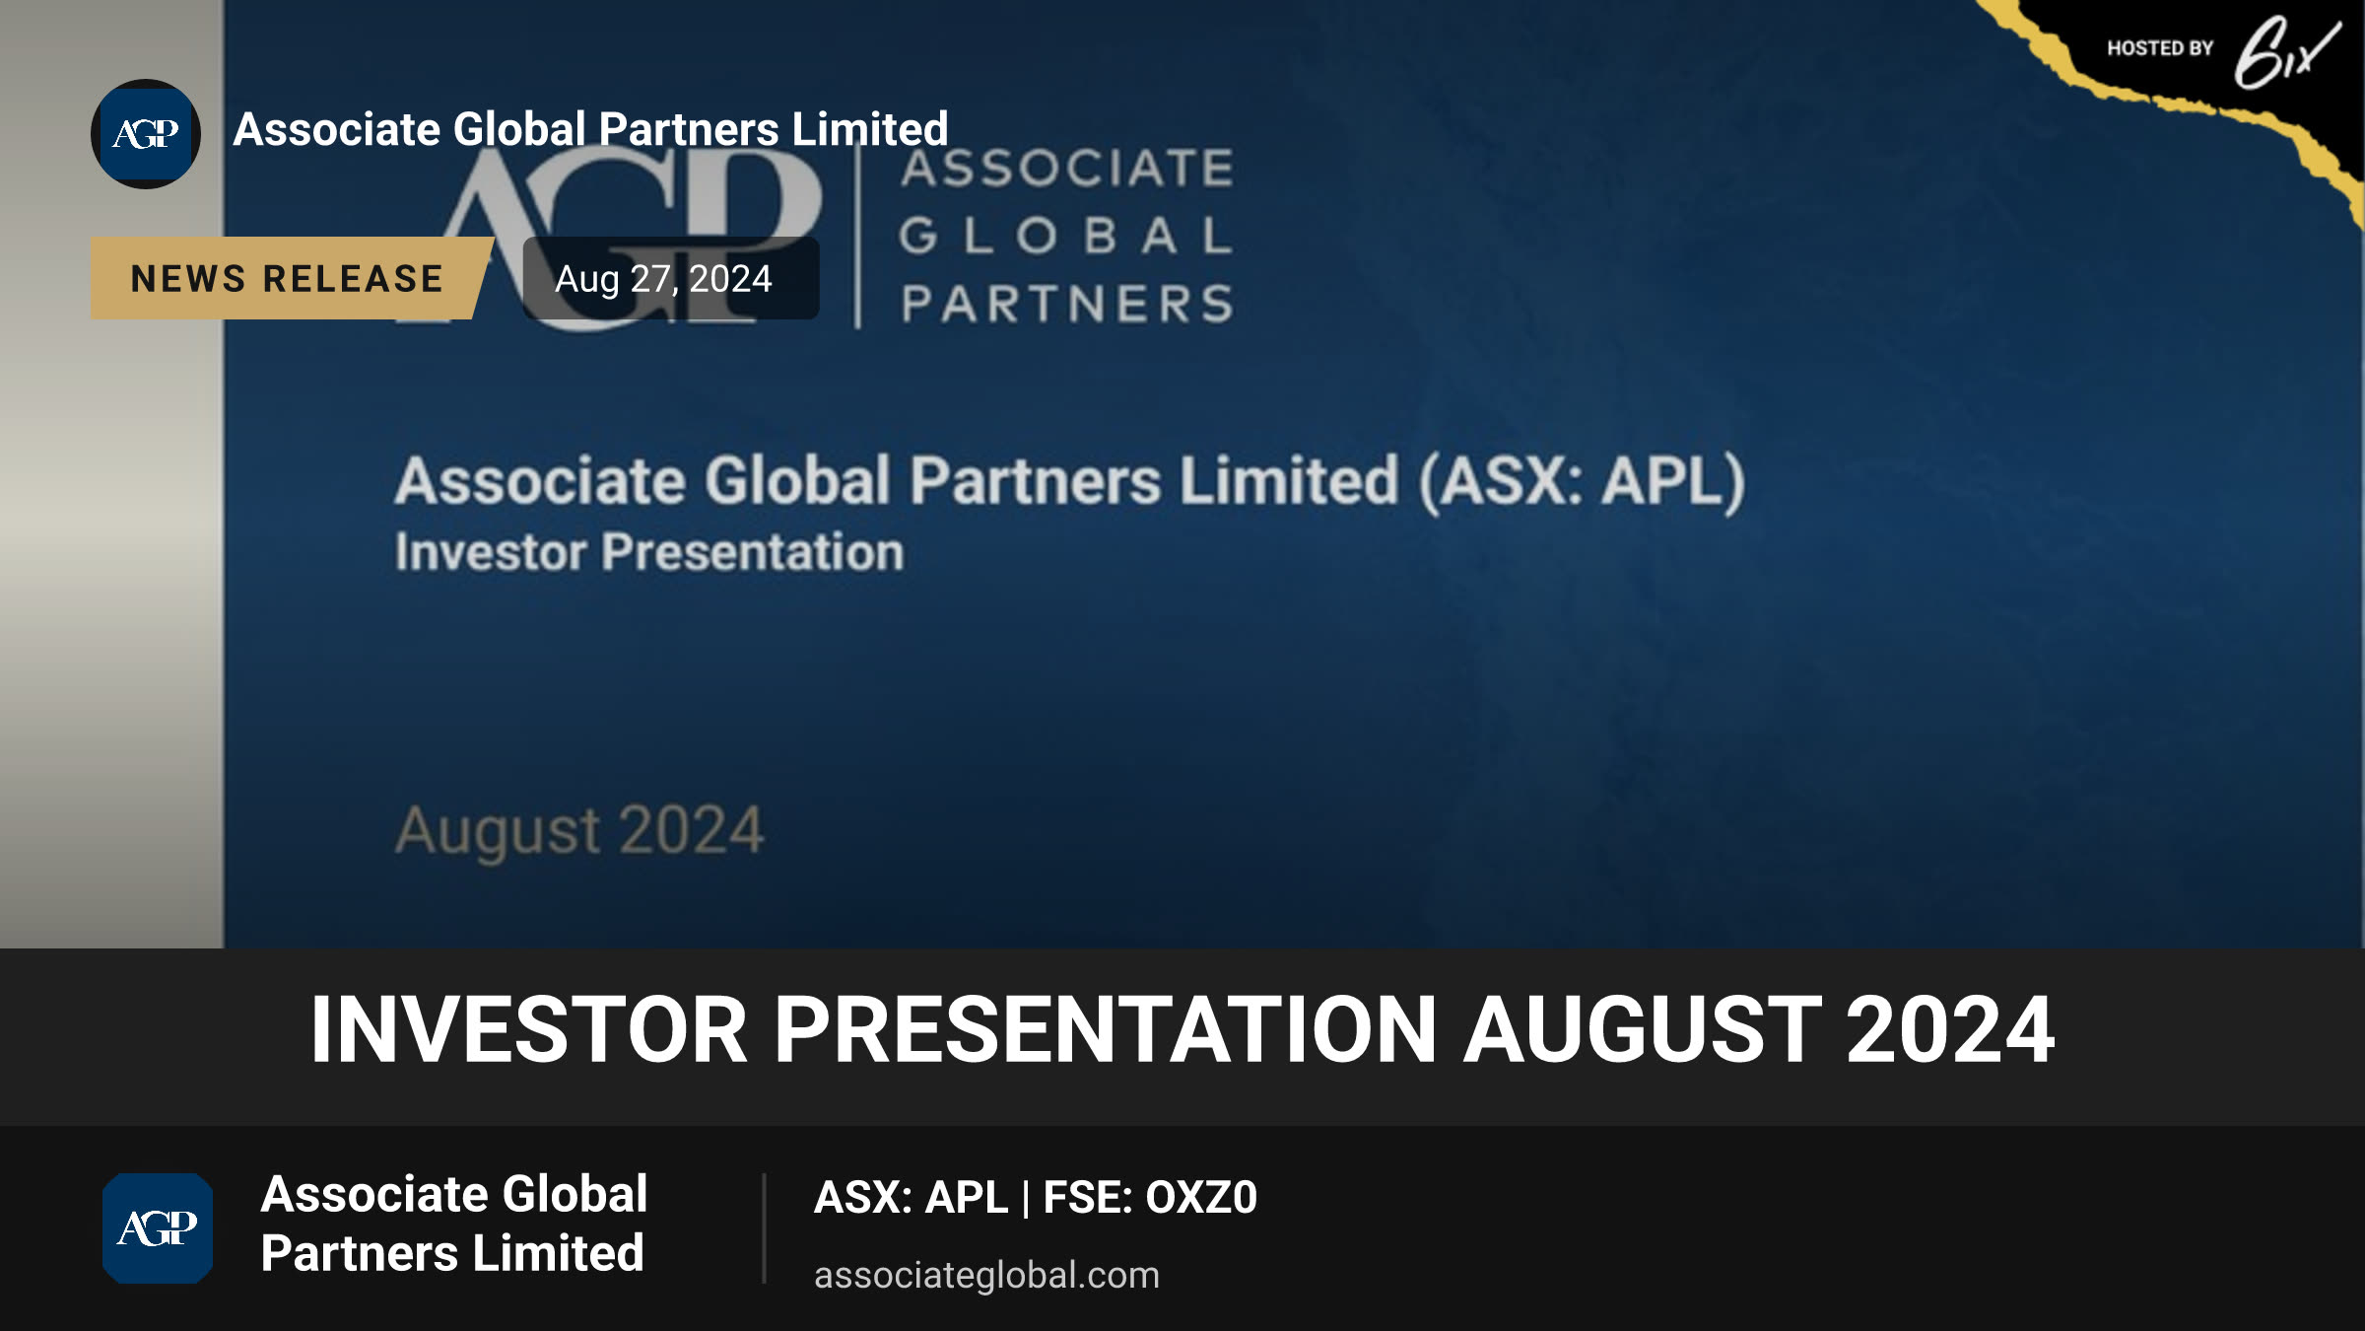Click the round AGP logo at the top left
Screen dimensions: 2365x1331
pos(146,134)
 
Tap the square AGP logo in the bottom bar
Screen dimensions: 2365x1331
pos(158,1228)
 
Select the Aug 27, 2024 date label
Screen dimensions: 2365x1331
pos(663,279)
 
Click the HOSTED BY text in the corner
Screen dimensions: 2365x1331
pos(2160,48)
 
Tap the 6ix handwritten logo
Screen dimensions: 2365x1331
pos(2286,53)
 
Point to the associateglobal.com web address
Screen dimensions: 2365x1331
pos(986,1275)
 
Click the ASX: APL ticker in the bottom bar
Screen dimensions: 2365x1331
pos(911,1197)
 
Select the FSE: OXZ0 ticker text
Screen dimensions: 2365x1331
pos(1150,1197)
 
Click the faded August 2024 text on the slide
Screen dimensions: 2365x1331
pos(579,830)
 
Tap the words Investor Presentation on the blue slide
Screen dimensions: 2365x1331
pos(649,551)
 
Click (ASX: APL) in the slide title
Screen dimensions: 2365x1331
pos(1582,481)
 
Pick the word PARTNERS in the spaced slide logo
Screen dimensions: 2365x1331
pos(1067,304)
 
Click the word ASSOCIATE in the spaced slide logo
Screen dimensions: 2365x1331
pos(1067,168)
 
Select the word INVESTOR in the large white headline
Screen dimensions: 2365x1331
pos(529,1029)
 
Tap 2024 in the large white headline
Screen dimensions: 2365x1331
pos(1950,1029)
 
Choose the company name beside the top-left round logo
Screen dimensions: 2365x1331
pos(590,129)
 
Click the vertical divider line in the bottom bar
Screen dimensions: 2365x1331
pos(764,1228)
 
